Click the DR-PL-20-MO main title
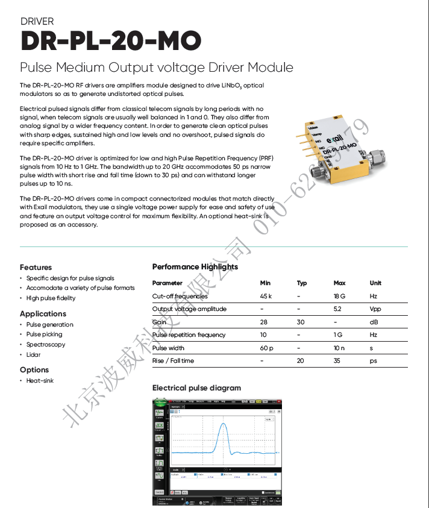[111, 42]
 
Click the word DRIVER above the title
[37, 22]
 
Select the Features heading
[36, 267]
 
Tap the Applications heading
[43, 313]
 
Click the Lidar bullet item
[33, 355]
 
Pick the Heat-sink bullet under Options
[40, 381]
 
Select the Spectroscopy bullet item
[46, 345]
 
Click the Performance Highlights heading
[195, 266]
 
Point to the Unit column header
[375, 283]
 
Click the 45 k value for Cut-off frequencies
[266, 296]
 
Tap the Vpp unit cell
[375, 309]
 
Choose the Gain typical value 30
[301, 322]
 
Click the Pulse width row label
[169, 348]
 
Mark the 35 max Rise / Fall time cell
[337, 360]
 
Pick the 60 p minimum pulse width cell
[266, 348]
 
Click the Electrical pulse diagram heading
[196, 387]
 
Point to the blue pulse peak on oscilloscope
[224, 425]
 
